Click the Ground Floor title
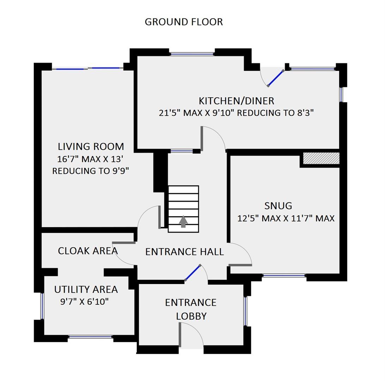click(x=184, y=22)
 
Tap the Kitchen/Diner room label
click(x=236, y=101)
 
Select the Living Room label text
click(x=91, y=146)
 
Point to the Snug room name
click(x=278, y=206)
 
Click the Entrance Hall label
click(x=184, y=252)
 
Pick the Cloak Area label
click(x=87, y=251)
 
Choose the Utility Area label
click(x=86, y=290)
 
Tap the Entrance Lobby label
click(x=191, y=309)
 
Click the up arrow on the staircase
click(x=183, y=222)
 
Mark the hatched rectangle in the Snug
click(x=321, y=158)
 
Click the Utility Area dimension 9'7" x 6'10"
click(x=85, y=302)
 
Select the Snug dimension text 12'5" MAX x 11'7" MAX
click(x=286, y=218)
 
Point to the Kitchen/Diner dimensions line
click(x=236, y=113)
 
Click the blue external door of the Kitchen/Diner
click(x=276, y=78)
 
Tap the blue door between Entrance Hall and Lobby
click(x=193, y=273)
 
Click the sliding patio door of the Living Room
click(x=88, y=68)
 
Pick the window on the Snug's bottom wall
click(x=284, y=276)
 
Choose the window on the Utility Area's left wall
click(x=42, y=306)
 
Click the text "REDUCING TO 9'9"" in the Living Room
click(x=91, y=171)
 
